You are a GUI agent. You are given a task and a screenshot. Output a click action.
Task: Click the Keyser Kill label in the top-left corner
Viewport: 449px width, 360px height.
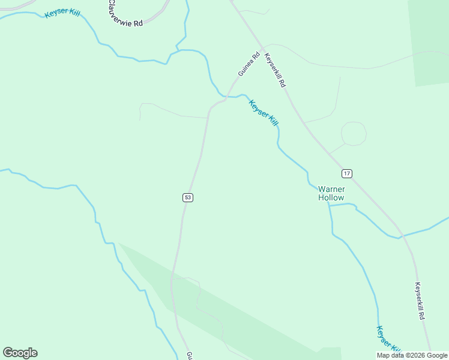pyautogui.click(x=62, y=12)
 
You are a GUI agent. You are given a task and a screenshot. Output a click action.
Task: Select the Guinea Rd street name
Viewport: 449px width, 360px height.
pyautogui.click(x=248, y=64)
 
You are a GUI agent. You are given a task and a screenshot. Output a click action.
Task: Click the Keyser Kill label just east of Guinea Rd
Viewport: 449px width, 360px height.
pyautogui.click(x=264, y=113)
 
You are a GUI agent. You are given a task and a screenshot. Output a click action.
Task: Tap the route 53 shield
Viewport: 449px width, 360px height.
pyautogui.click(x=188, y=197)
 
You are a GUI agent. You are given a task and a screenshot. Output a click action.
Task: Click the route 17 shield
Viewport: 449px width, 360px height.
pyautogui.click(x=346, y=173)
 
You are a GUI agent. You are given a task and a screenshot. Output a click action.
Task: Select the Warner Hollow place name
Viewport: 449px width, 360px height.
pyautogui.click(x=331, y=193)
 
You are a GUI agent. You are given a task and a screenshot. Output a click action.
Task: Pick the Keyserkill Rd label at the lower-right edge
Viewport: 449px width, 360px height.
pyautogui.click(x=420, y=301)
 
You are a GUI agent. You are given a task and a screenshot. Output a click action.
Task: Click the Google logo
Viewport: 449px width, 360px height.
pyautogui.click(x=20, y=353)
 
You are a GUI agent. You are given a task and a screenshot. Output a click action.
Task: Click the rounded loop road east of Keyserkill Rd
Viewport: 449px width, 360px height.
pyautogui.click(x=354, y=133)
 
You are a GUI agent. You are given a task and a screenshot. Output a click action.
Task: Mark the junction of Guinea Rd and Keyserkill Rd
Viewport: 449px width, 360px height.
pyautogui.click(x=262, y=46)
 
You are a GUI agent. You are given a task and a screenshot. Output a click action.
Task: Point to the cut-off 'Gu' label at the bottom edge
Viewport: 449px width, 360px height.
pyautogui.click(x=188, y=355)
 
